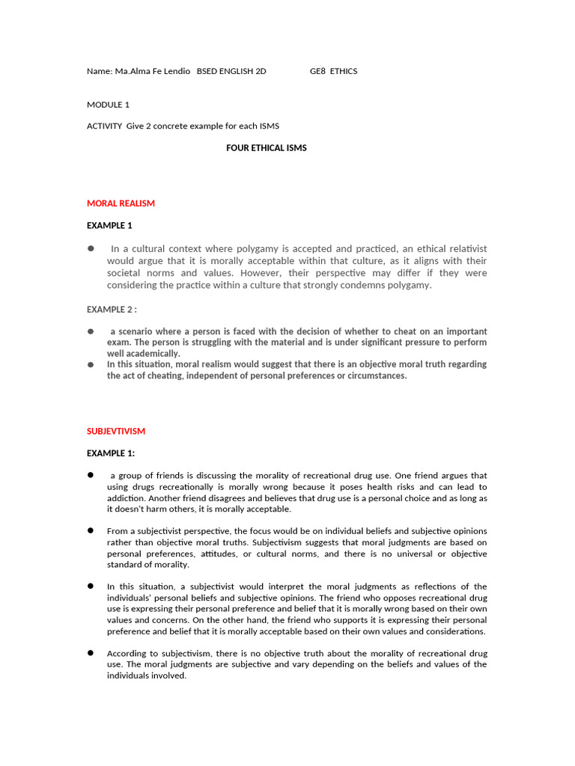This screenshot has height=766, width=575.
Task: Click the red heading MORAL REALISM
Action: [121, 203]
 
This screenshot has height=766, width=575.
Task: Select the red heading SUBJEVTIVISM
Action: [116, 432]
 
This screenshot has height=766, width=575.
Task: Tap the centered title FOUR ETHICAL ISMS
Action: [267, 148]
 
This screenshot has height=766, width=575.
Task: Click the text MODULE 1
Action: [108, 105]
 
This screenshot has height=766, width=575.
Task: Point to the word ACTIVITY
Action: [104, 126]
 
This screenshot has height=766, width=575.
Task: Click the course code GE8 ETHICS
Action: [333, 72]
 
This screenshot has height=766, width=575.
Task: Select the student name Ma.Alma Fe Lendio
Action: [152, 72]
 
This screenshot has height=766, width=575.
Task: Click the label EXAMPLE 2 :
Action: [112, 309]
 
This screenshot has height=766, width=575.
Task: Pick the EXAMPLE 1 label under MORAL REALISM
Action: [109, 226]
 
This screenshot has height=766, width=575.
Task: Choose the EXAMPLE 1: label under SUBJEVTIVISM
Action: [111, 453]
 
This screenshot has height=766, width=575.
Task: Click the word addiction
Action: [126, 497]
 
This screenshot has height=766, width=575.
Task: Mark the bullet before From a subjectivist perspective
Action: [90, 530]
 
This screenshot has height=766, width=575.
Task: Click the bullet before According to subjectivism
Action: [90, 653]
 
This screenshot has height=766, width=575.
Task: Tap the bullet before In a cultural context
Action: [91, 248]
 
